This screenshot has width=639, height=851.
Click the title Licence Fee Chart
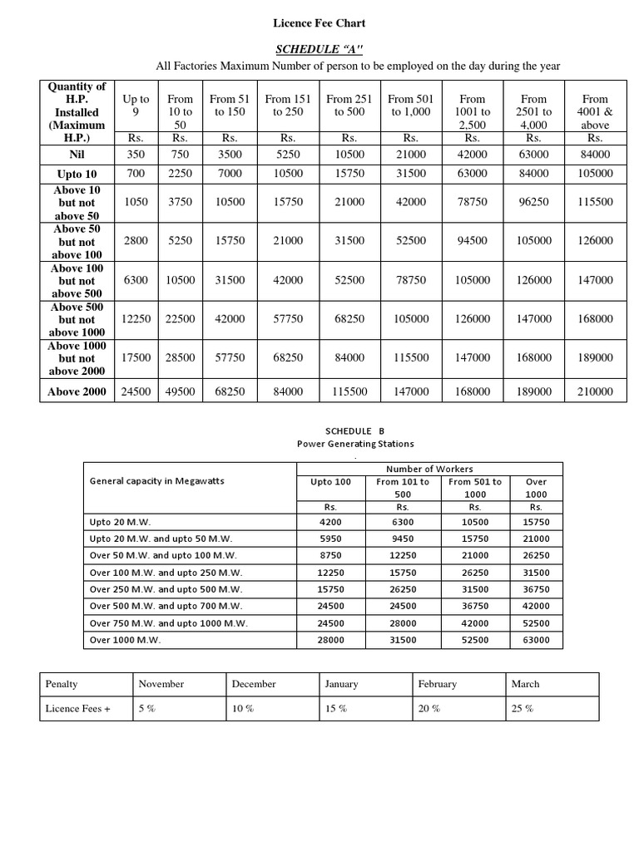319,23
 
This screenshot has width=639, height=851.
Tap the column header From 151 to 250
288,106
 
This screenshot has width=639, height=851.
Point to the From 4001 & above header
595,111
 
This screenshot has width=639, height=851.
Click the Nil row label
76,155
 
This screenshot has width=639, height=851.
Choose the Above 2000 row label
76,391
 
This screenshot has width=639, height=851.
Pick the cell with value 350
136,155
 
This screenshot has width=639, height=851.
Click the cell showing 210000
595,391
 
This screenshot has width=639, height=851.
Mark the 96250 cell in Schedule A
533,202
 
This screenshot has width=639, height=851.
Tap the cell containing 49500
180,391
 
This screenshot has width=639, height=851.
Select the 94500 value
472,241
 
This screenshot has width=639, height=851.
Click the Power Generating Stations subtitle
355,444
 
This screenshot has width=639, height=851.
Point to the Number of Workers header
429,469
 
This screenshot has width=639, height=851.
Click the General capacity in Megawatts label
156,481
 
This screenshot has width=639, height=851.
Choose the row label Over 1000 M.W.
125,640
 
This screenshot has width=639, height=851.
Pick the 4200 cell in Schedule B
331,522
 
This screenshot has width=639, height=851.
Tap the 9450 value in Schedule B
403,539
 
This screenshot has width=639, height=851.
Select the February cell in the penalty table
438,684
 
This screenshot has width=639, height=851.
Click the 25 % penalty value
523,709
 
